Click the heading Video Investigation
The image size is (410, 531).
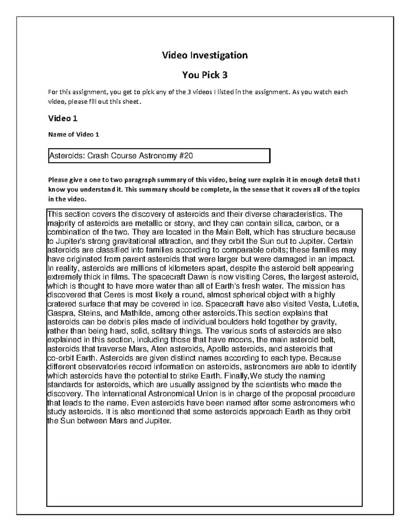coord(205,55)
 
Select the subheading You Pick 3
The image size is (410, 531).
coord(205,75)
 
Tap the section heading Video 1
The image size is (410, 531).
coord(63,118)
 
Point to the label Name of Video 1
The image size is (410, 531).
coord(73,134)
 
